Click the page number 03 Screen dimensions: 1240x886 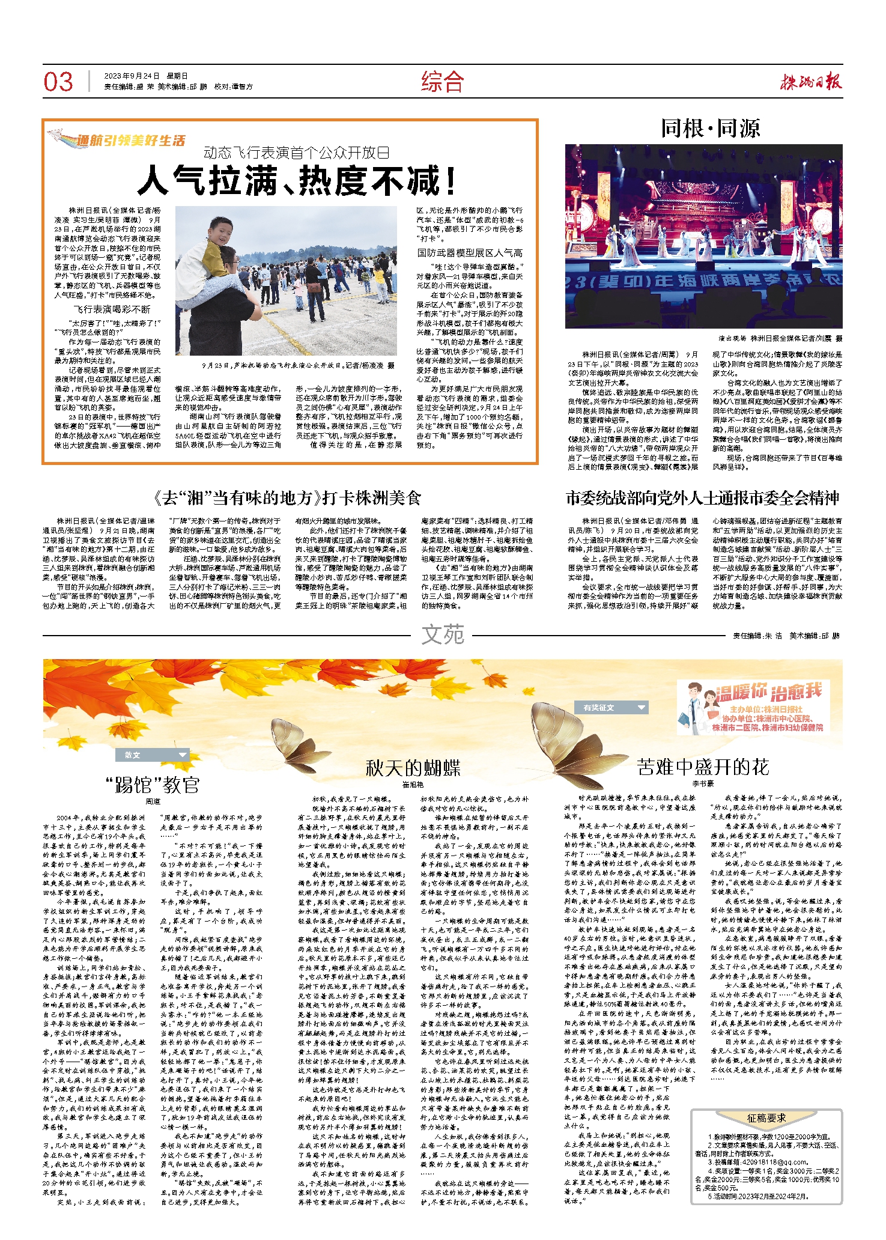point(58,82)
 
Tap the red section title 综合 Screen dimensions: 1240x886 point(443,82)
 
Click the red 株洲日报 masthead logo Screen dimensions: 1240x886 point(811,81)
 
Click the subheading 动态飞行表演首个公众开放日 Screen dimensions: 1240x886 point(296,153)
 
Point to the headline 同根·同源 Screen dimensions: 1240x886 point(710,128)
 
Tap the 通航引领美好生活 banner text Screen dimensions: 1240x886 point(130,141)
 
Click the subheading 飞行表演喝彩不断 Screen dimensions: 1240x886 point(112,309)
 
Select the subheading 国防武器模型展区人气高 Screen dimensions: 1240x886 point(470,253)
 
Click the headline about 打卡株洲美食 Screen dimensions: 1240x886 point(287,498)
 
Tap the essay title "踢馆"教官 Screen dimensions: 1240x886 point(152,785)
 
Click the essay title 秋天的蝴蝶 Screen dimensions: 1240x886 point(413,768)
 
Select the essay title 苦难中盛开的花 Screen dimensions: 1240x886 point(703,767)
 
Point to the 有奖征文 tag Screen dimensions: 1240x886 point(611,708)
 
